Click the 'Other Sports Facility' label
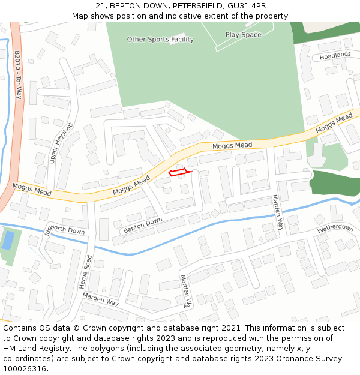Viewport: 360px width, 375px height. [x=160, y=40]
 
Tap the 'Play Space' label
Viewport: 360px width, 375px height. [x=244, y=35]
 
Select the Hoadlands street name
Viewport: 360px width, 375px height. [x=335, y=55]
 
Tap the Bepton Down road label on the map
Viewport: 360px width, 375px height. [x=143, y=226]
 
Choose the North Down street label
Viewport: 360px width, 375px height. [x=68, y=230]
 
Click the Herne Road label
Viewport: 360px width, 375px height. [x=86, y=272]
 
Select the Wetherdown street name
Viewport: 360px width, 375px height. [x=335, y=229]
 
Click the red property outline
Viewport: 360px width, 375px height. [x=179, y=173]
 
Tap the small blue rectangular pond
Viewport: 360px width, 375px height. [x=8, y=241]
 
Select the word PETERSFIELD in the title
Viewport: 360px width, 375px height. [x=193, y=6]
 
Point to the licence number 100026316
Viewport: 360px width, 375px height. [x=25, y=369]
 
